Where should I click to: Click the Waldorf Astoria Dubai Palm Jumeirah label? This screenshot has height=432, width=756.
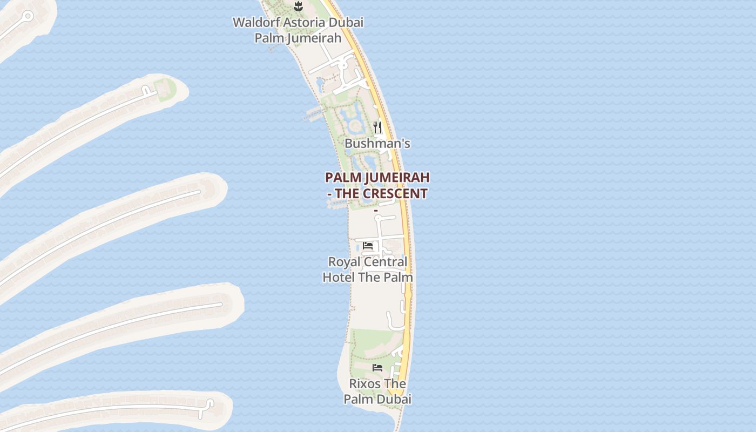pyautogui.click(x=298, y=30)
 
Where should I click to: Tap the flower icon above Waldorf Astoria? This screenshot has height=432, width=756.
pyautogui.click(x=298, y=6)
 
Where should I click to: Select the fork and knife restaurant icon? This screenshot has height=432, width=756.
pyautogui.click(x=377, y=127)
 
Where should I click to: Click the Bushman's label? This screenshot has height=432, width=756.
pyautogui.click(x=377, y=144)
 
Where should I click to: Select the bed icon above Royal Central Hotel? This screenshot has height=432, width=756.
pyautogui.click(x=368, y=246)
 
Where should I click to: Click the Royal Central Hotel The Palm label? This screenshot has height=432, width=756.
pyautogui.click(x=368, y=269)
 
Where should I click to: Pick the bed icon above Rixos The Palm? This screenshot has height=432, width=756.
pyautogui.click(x=377, y=368)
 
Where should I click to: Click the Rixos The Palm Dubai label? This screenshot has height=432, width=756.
pyautogui.click(x=377, y=391)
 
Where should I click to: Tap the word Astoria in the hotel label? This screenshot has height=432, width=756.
pyautogui.click(x=305, y=23)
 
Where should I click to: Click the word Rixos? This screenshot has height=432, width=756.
pyautogui.click(x=364, y=384)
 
